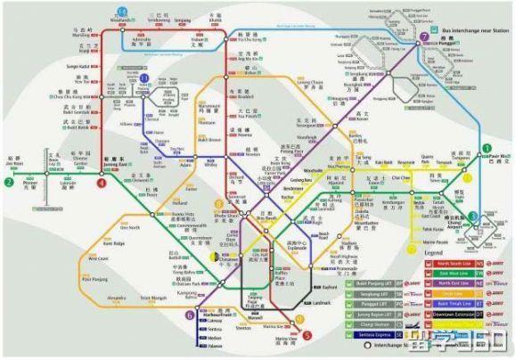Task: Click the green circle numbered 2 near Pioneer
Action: pos(8,183)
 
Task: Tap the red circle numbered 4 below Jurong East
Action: pos(102,183)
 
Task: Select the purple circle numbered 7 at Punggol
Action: pos(423,37)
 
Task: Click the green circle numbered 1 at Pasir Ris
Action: pos(486,148)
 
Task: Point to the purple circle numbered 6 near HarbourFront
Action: pos(188,315)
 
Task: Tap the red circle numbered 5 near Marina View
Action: pos(307,335)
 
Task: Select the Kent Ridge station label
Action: pos(115,242)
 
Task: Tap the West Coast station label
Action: pos(98,258)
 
